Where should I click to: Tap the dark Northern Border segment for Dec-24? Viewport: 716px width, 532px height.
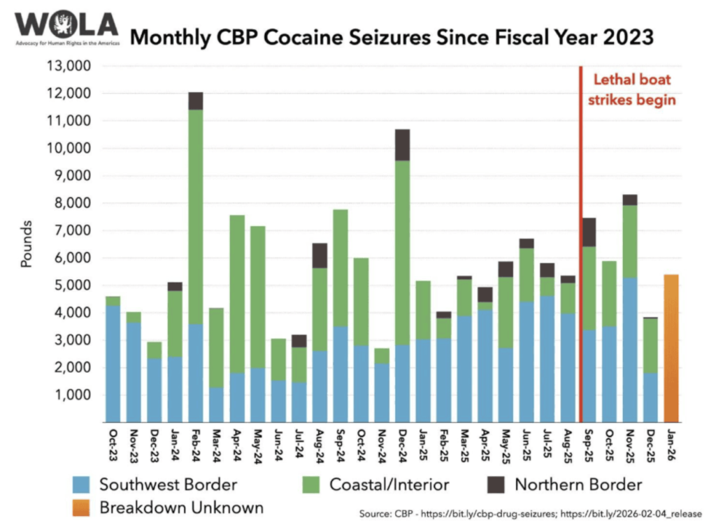click(402, 145)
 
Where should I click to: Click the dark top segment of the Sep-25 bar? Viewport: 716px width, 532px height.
click(589, 232)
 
